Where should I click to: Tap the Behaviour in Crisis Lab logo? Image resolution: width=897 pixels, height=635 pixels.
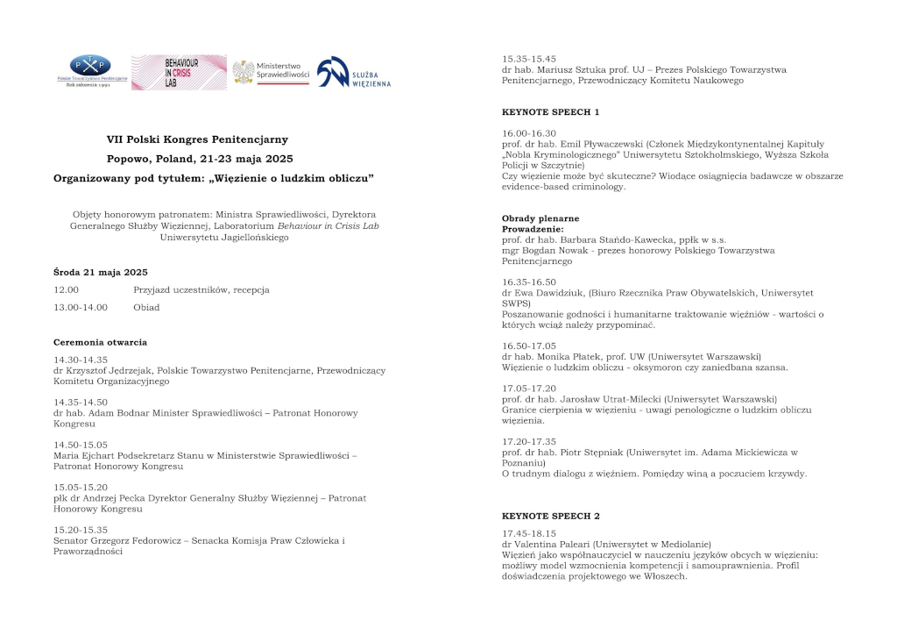(179, 73)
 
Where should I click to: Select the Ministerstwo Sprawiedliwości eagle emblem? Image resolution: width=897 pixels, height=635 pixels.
(244, 72)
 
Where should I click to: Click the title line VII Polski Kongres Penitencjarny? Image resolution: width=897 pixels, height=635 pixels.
(197, 139)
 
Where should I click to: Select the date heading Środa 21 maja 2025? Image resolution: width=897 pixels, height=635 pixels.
(101, 272)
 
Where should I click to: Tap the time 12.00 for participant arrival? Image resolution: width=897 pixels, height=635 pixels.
(67, 290)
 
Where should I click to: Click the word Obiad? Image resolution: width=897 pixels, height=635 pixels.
(146, 308)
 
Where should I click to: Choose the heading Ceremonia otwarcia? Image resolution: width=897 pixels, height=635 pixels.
(101, 342)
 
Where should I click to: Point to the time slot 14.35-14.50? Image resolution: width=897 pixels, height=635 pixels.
(81, 403)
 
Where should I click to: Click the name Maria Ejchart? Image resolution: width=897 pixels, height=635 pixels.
(85, 456)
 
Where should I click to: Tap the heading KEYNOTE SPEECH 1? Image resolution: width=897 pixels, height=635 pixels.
(550, 112)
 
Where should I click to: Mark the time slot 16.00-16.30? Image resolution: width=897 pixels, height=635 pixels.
(528, 133)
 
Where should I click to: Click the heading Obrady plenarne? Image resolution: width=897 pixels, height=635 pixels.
(540, 218)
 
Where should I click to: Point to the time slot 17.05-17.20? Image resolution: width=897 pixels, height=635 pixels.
(528, 388)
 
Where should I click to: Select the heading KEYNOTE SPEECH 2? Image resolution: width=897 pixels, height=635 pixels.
(550, 516)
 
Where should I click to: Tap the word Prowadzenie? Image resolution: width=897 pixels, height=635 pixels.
(533, 229)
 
